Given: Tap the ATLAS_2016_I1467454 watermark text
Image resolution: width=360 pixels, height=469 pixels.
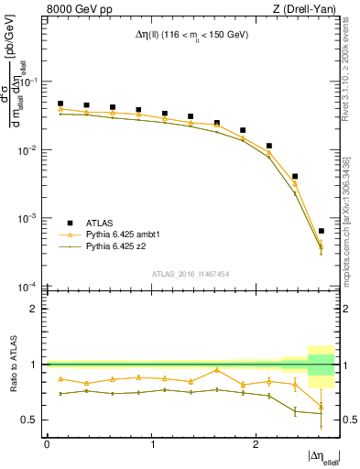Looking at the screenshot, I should (191, 273).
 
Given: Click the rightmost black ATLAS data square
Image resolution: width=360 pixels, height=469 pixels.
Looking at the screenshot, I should (321, 231).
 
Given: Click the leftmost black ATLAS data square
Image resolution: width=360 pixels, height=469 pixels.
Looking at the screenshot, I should (60, 104).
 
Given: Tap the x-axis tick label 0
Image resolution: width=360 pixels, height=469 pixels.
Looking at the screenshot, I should (47, 443).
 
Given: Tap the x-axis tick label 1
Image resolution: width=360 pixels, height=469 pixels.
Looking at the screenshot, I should (150, 443).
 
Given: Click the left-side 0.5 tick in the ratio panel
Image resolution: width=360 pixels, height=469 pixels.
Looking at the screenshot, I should (34, 420).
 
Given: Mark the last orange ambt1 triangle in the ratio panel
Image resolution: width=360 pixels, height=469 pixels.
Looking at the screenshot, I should (321, 407).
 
